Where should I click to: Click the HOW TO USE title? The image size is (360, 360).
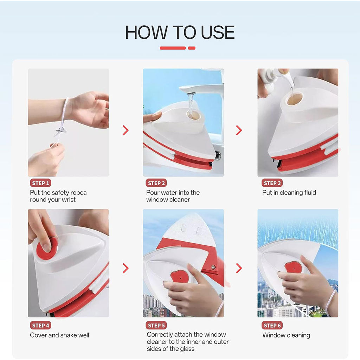click(x=180, y=33)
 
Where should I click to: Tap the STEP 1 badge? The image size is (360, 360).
click(x=40, y=183)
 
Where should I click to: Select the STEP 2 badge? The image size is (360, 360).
click(x=156, y=183)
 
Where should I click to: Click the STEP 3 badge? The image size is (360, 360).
click(x=272, y=183)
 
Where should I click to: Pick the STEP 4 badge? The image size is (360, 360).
click(x=40, y=326)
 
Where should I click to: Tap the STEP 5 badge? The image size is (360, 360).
click(x=156, y=326)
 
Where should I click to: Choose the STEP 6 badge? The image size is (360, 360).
click(x=272, y=326)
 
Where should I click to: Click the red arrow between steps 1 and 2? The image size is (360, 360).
click(x=126, y=130)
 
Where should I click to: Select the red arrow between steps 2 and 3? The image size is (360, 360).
click(x=239, y=130)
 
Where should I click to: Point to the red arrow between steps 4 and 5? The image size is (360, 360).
click(x=126, y=268)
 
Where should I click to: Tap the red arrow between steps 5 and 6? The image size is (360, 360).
click(x=239, y=268)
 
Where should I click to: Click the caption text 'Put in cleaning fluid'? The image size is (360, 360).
click(x=289, y=193)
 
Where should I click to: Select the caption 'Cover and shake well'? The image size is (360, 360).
click(x=59, y=335)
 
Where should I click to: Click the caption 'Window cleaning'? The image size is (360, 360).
click(x=286, y=335)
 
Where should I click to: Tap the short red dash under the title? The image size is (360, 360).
click(x=192, y=48)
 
